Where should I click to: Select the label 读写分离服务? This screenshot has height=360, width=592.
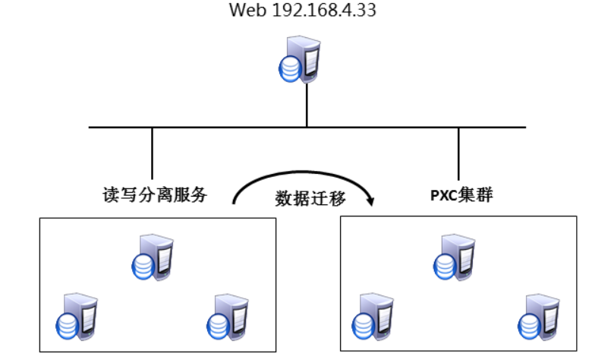[155, 195]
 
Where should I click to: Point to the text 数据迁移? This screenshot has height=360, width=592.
[310, 199]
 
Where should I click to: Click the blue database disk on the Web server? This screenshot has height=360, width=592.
[288, 69]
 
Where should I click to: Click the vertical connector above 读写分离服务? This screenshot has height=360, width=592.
[153, 155]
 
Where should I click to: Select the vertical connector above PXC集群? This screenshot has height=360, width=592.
[458, 155]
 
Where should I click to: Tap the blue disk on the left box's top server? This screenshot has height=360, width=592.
[143, 267]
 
